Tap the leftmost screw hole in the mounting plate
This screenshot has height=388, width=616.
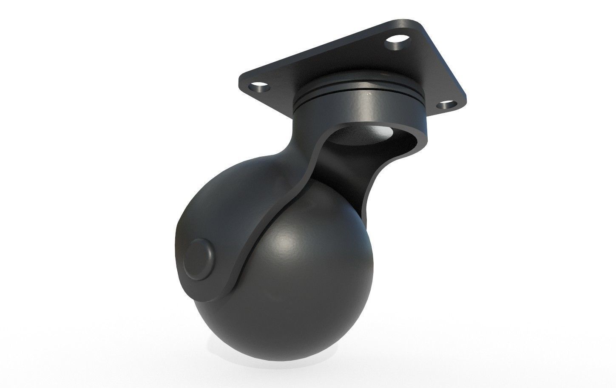(x=260, y=89)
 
